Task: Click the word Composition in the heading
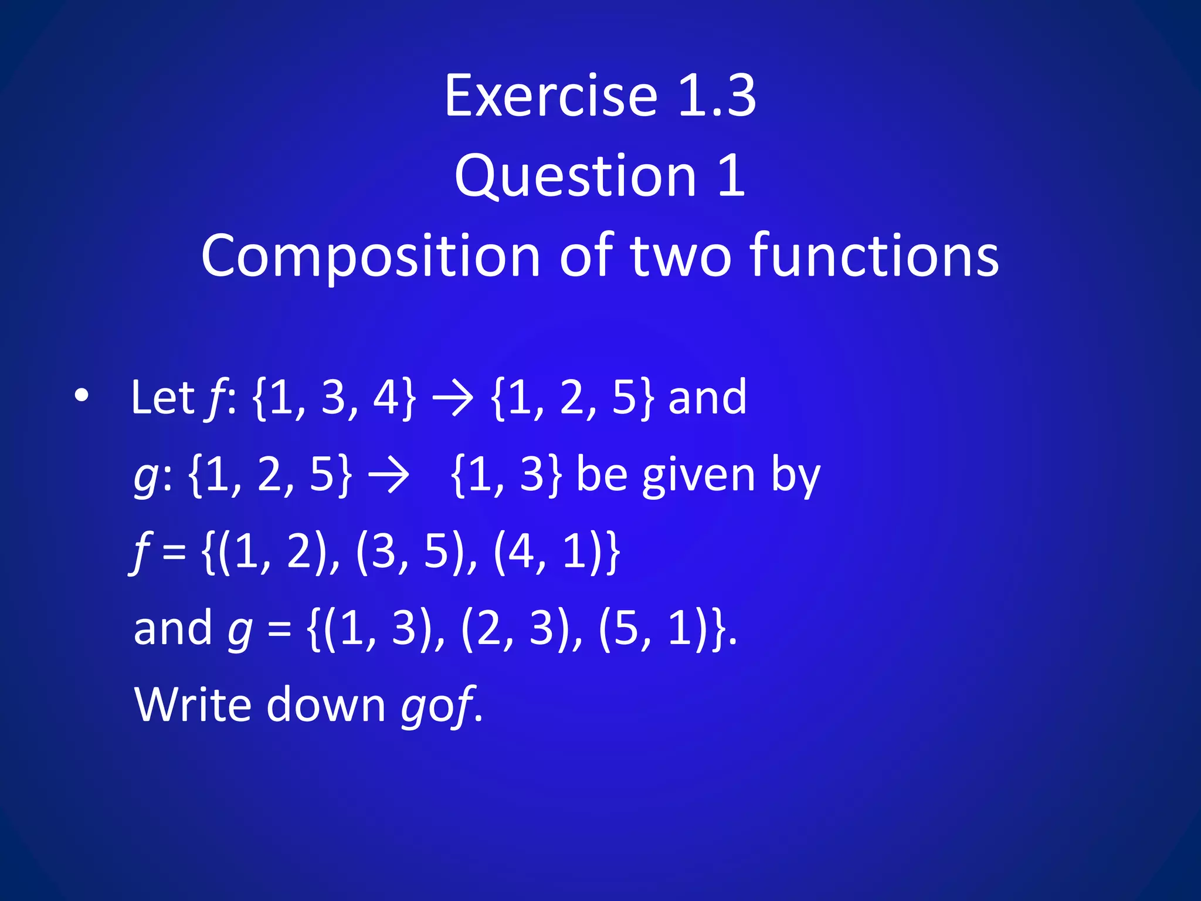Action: coord(370,256)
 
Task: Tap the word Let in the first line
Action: coord(162,398)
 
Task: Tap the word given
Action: coord(698,476)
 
